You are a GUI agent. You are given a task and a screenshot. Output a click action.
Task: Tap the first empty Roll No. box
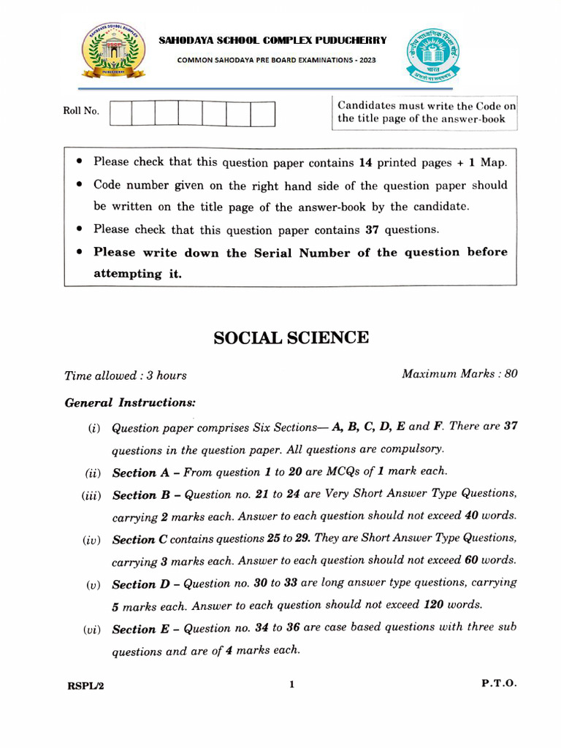coord(121,113)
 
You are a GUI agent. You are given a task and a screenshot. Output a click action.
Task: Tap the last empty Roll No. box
coord(263,113)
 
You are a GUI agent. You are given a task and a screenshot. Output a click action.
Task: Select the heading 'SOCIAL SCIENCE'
coord(291,337)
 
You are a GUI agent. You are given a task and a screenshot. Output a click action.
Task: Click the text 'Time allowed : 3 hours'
coord(125,375)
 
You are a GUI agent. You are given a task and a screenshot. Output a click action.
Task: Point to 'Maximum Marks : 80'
coord(459,373)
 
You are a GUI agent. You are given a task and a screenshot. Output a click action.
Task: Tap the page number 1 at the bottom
coord(291,684)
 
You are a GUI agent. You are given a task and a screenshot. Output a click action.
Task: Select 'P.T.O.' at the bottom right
coord(499,683)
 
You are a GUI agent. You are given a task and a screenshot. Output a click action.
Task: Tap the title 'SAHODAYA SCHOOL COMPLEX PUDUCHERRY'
coord(273,41)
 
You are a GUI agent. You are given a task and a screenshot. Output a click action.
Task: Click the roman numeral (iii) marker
coord(91,496)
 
